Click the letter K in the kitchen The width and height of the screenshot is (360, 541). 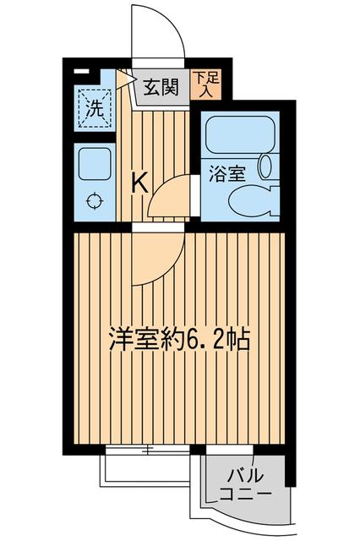tap(140, 182)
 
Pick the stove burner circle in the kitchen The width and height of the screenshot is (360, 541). tap(94, 201)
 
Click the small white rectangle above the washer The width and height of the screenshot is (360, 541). tap(82, 72)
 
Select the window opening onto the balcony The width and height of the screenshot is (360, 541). tap(229, 449)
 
